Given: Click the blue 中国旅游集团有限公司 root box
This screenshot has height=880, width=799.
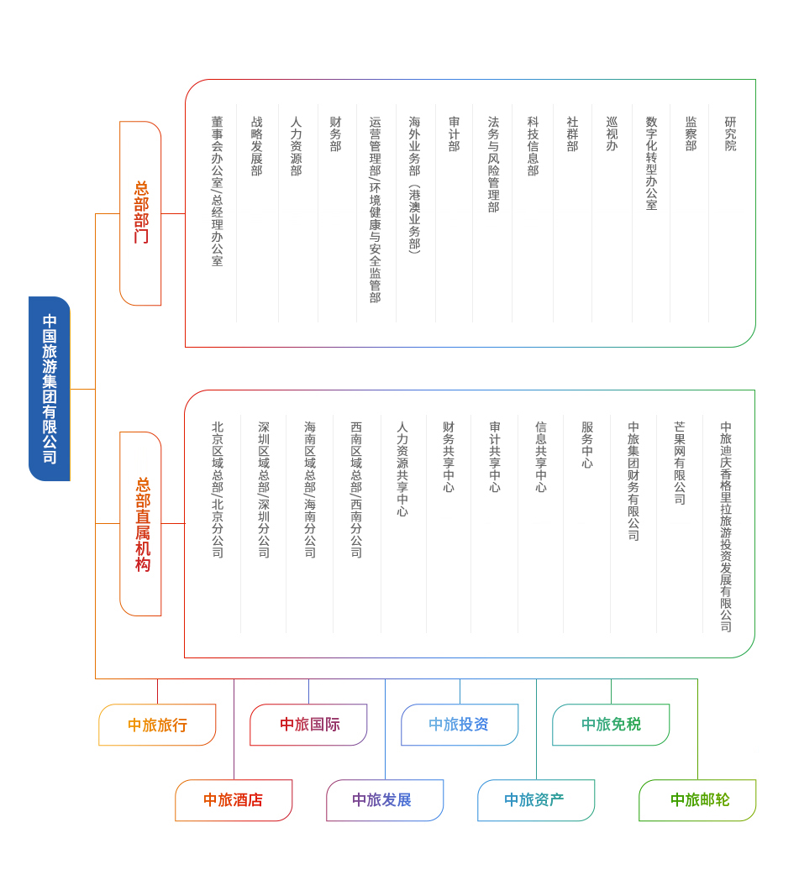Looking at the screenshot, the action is coord(50,389).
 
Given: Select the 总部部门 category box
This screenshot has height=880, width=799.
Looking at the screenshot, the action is coord(140,213).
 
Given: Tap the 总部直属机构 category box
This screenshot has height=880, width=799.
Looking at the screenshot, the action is coord(140,524).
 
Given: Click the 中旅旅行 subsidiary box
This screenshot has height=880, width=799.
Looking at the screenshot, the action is coord(157,725).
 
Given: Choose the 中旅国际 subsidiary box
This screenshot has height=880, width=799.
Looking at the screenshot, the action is coord(309,725).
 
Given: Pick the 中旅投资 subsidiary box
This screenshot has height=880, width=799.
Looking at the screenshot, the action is coord(460,725).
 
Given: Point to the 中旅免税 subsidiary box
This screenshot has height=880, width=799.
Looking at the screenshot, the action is coord(611,725).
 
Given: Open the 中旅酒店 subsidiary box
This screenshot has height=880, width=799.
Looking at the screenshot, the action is coord(234,800).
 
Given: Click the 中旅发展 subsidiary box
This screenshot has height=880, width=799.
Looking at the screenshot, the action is coord(385,800).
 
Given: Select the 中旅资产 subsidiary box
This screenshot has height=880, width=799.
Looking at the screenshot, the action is coord(536,800).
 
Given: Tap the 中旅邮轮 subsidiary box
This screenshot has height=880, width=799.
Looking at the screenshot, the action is coord(698,800).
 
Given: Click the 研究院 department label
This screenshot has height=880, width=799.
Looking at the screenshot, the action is coord(730,134).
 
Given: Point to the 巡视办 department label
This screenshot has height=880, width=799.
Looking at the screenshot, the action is coord(612,134).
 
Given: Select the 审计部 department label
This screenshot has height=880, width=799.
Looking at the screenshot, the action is coord(455,134).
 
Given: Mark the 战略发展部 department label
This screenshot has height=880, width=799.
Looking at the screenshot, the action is coord(256,146).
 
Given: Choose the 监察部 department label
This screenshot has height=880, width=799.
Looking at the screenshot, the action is coord(691,134).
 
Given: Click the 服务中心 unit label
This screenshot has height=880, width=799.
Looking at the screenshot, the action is coord(587,445).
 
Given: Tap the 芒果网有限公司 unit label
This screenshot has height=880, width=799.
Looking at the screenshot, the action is coord(680,463).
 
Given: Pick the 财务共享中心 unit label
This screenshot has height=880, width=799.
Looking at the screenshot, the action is coord(449,457).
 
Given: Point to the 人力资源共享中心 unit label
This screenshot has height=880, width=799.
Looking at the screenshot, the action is coord(402,469).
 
